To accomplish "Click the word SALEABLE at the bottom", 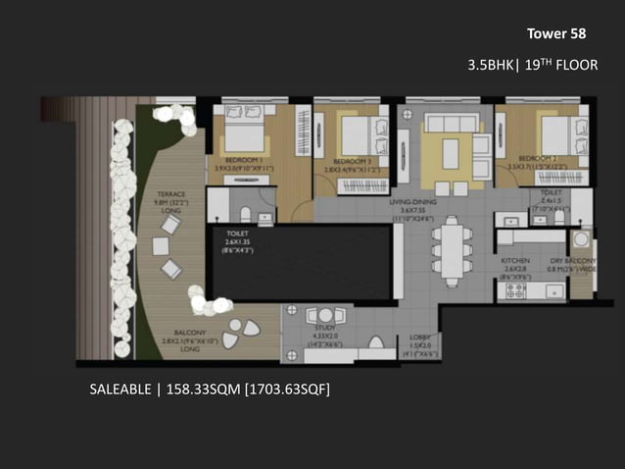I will tap(120, 391).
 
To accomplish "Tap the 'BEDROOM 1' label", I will tap(241, 159).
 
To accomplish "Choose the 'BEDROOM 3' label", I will tap(351, 161).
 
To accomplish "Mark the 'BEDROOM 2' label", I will tap(537, 158).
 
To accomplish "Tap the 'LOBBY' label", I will tap(418, 339).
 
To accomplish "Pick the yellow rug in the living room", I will tap(450, 154).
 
